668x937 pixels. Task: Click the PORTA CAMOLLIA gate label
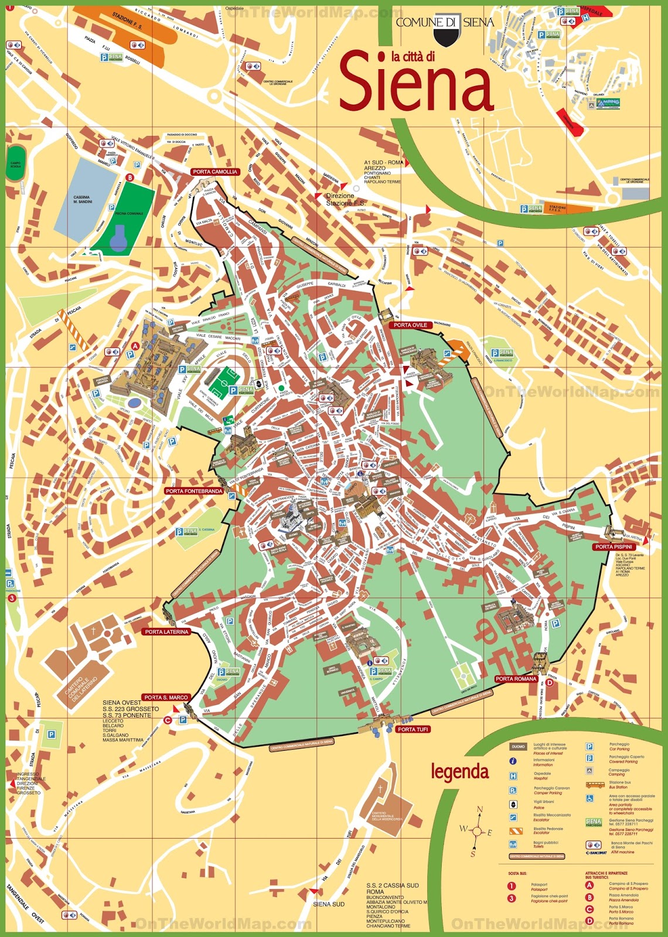(x=215, y=172)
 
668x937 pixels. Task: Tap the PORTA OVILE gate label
(x=410, y=325)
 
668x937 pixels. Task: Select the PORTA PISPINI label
(x=614, y=546)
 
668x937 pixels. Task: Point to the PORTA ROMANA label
(x=516, y=679)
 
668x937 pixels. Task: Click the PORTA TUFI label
(x=413, y=729)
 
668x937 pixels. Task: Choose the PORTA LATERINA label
(x=167, y=632)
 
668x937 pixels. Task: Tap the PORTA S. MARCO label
(x=166, y=697)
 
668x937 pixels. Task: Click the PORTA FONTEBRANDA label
(x=193, y=491)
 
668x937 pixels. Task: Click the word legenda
(x=459, y=772)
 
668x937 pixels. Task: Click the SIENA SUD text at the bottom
(x=329, y=904)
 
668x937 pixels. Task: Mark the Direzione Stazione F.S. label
(x=340, y=199)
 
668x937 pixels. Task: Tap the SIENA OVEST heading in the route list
(x=122, y=702)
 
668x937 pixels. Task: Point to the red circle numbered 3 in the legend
(x=512, y=898)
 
